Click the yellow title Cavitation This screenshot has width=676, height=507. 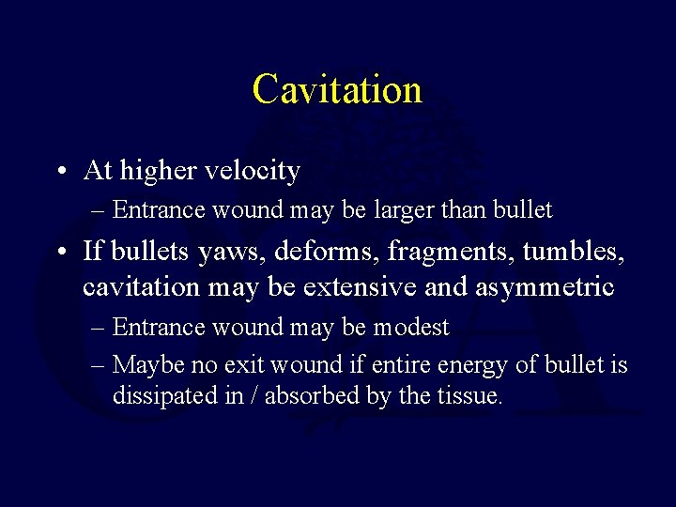click(x=337, y=90)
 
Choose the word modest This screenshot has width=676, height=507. click(x=410, y=328)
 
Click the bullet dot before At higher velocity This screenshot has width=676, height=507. click(x=60, y=172)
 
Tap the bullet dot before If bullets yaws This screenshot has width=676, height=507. click(x=60, y=252)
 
